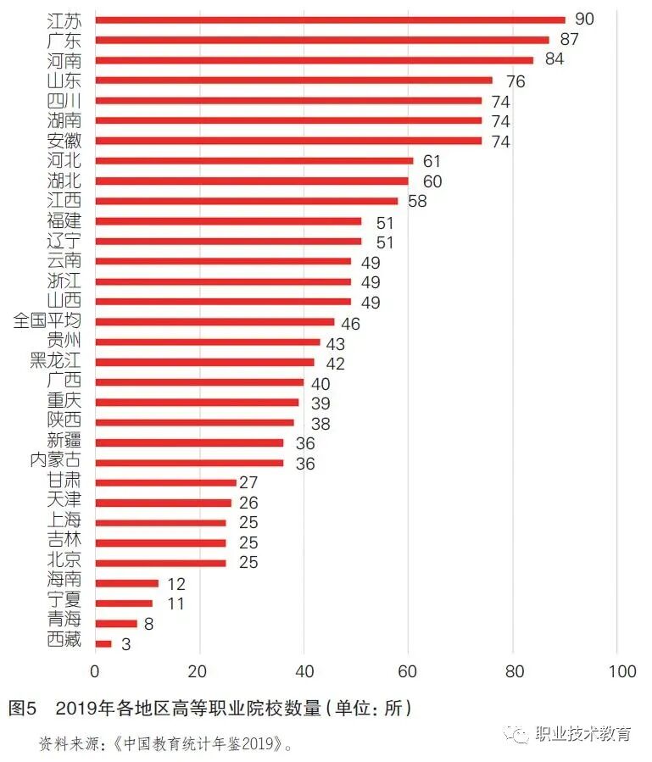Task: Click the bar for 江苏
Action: (330, 19)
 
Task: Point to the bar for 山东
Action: (293, 81)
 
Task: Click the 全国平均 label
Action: (47, 321)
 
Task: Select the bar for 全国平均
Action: (215, 322)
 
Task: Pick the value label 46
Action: (351, 323)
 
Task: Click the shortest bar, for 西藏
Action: (103, 644)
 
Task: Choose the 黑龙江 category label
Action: (56, 361)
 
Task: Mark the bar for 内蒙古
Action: (189, 463)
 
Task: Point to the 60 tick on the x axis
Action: (409, 671)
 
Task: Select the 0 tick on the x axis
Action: (95, 671)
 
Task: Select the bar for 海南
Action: (127, 583)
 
